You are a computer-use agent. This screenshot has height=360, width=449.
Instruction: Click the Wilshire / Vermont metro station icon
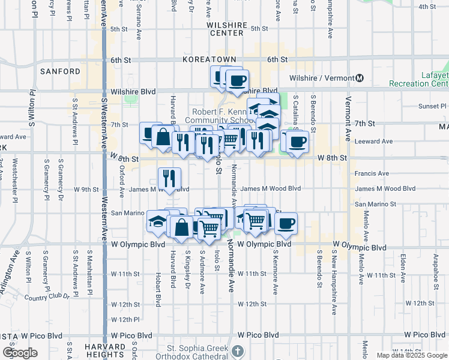[360, 78]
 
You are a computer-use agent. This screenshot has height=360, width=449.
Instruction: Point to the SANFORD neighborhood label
[60, 71]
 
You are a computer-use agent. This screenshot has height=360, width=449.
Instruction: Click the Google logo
[19, 353]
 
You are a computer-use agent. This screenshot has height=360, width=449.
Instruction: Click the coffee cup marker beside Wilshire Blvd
[237, 80]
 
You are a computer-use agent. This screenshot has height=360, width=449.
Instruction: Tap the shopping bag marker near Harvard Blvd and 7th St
[163, 137]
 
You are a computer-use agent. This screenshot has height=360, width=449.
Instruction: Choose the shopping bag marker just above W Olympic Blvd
[182, 227]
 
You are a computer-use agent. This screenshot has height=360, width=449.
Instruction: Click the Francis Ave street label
[373, 174]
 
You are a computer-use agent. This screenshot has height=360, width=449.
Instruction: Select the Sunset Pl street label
[429, 106]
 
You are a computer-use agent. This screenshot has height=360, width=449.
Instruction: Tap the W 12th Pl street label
[125, 319]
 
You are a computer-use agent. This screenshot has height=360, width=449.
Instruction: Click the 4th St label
[427, 7]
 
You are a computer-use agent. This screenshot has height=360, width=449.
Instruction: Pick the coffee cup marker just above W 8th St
[297, 142]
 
